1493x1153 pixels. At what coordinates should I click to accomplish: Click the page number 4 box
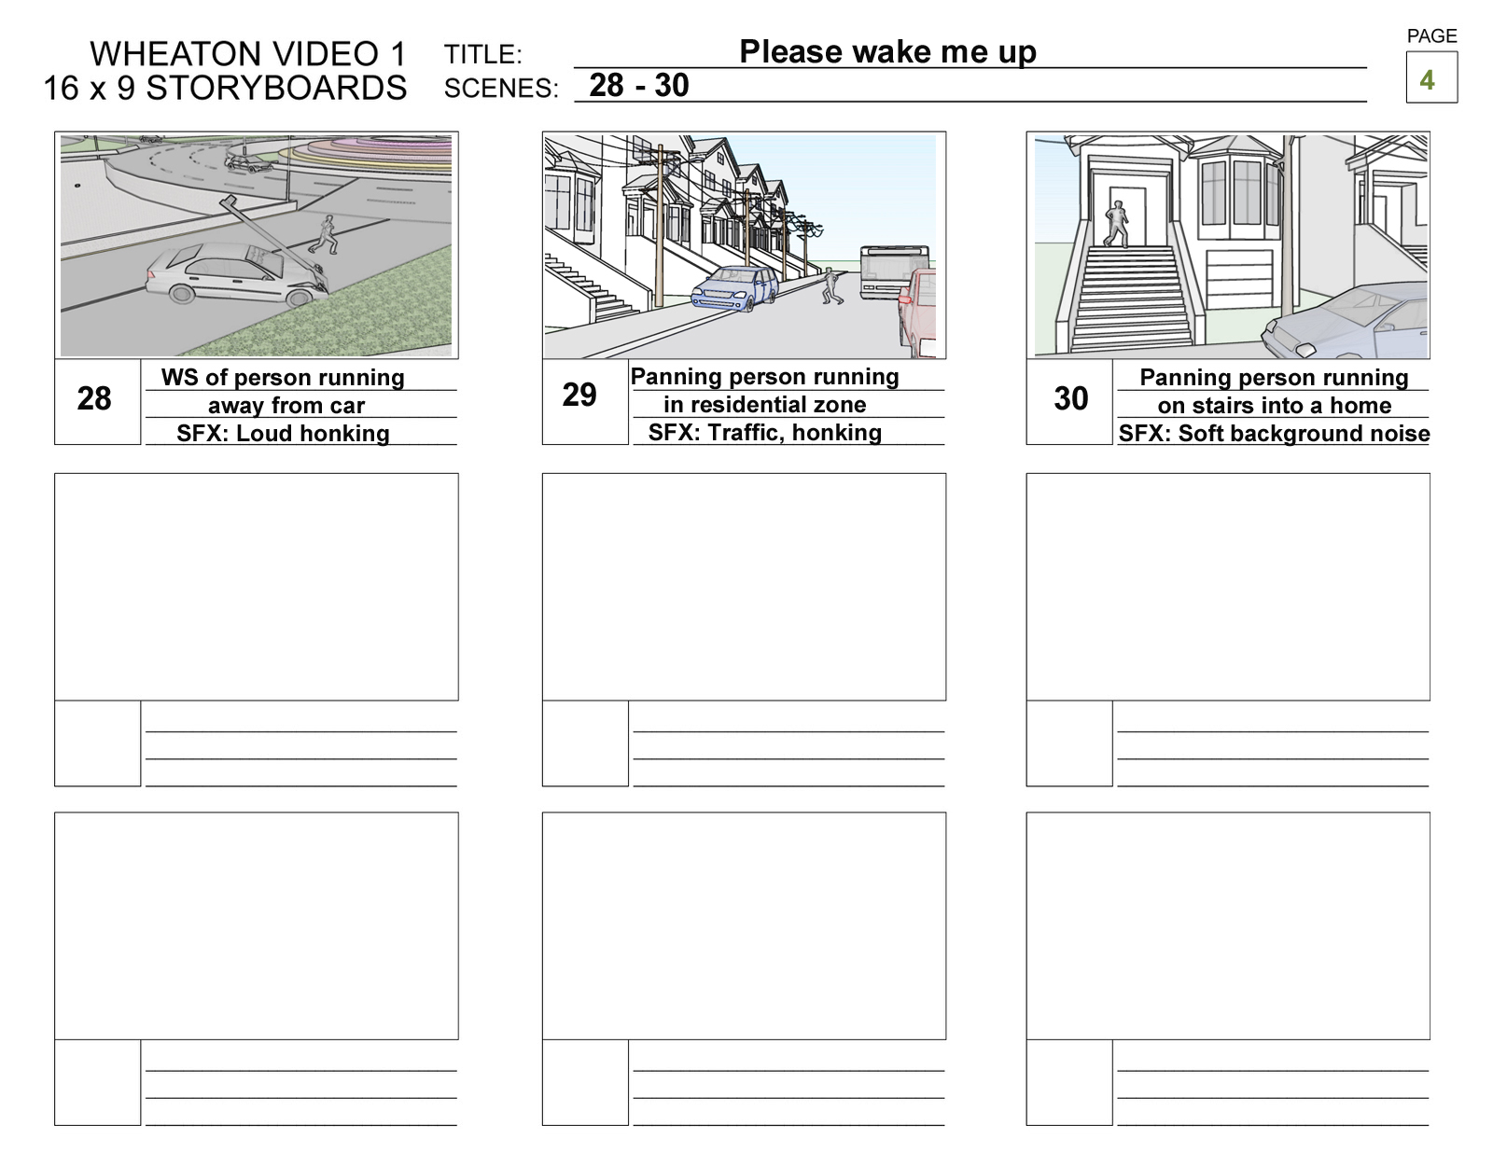[1430, 78]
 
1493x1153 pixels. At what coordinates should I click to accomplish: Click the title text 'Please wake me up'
[887, 51]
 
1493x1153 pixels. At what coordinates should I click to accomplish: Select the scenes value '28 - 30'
[639, 85]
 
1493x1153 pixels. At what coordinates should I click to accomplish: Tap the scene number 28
[94, 398]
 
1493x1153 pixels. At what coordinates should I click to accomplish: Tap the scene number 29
[579, 395]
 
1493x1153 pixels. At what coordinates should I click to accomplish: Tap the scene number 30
[1070, 398]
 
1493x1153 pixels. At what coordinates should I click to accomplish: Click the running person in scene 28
[325, 234]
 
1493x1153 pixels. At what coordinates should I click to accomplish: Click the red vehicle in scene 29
[919, 313]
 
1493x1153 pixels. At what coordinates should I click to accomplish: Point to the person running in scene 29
[830, 285]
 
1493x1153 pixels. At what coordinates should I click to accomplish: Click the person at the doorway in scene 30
[1116, 224]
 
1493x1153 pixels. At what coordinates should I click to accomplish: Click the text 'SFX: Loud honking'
[283, 433]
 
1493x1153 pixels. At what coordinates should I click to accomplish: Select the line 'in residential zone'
[764, 405]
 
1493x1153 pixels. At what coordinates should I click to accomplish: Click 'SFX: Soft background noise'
[1274, 433]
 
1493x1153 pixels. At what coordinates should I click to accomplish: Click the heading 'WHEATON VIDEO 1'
[248, 54]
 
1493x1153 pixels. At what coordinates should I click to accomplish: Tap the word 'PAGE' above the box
[1431, 35]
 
